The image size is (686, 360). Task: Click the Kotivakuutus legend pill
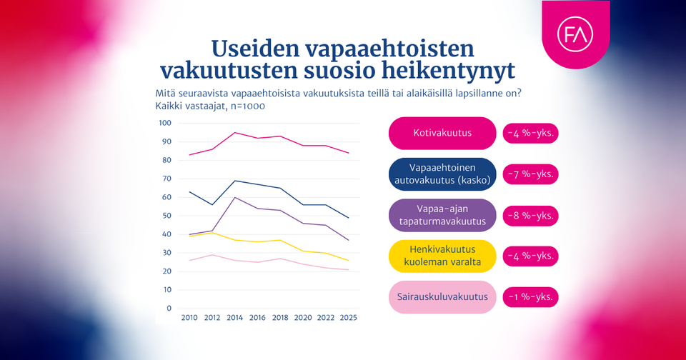coord(442,134)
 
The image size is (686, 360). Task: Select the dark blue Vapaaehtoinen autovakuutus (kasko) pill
coord(442,174)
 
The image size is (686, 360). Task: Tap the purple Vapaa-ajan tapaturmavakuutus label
coord(442,215)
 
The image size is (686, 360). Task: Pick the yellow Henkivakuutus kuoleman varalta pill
coord(442,256)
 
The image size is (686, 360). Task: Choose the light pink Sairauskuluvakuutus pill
coord(442,297)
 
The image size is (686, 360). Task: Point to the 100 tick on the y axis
coord(165,123)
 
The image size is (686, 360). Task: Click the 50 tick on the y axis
coord(167,216)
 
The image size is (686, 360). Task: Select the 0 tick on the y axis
coord(169,309)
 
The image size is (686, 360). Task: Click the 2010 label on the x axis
coord(189,318)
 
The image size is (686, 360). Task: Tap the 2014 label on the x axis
coord(235,318)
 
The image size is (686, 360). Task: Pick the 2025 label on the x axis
coord(348,318)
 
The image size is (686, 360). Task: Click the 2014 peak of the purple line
coord(235,197)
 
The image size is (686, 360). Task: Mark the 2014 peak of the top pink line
coord(235,132)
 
